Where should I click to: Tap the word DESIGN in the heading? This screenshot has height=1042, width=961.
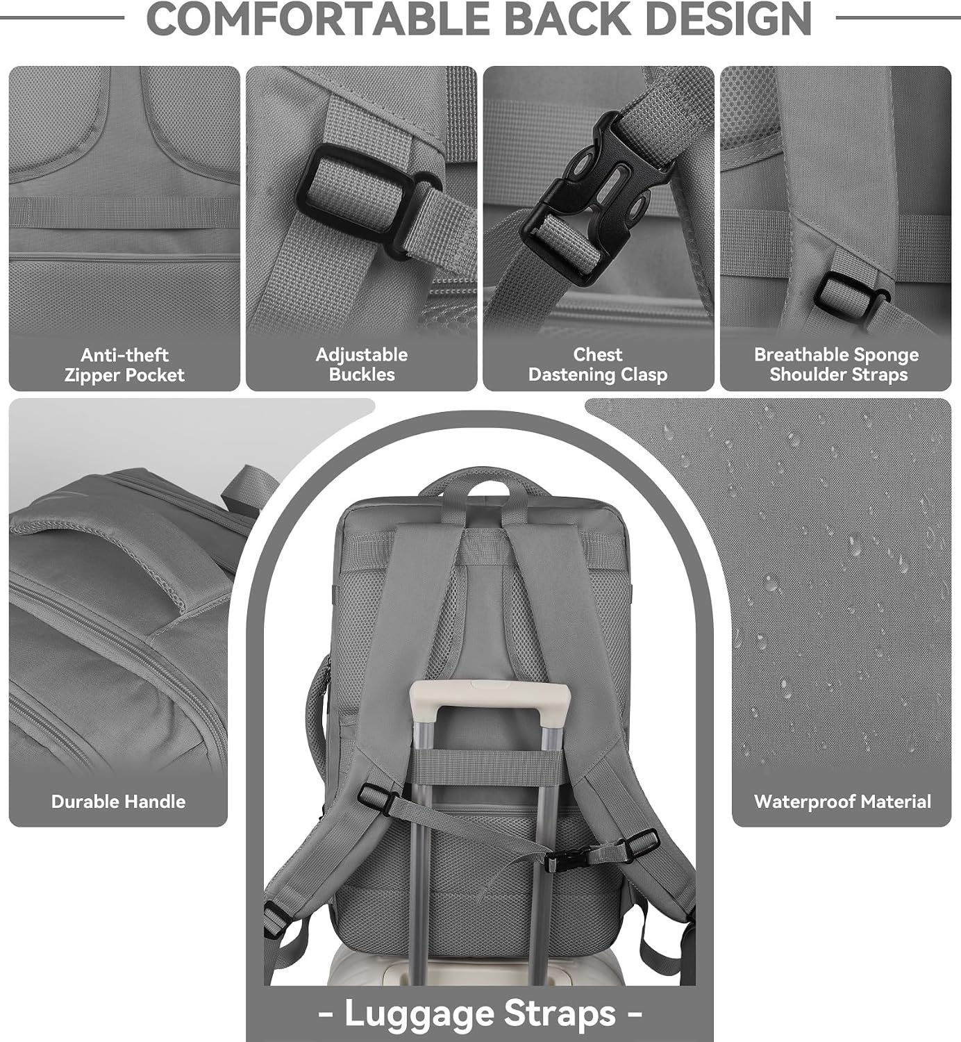728,19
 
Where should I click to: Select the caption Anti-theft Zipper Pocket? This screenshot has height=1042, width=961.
124,365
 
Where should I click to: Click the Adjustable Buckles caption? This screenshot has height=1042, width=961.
362,365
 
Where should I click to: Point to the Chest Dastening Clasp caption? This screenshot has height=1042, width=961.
598,365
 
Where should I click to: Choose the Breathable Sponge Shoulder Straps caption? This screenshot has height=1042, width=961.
836,365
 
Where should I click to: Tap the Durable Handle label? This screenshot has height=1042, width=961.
119,801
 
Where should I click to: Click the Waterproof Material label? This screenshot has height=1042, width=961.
842,801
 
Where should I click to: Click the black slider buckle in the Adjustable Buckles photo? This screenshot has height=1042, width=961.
367,199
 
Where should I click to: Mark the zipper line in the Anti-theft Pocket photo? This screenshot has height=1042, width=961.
124,256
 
